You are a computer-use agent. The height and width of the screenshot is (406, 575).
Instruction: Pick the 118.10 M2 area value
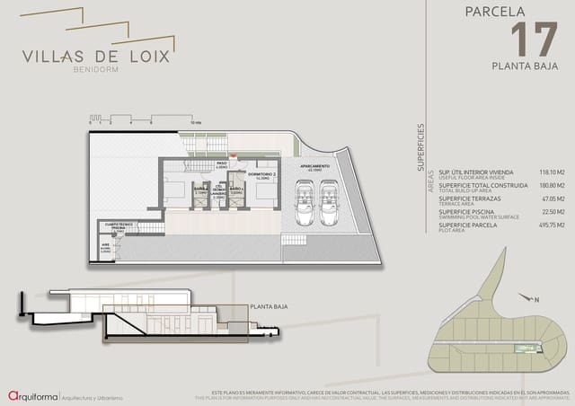550,172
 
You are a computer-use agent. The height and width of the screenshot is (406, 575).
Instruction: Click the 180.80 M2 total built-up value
550,186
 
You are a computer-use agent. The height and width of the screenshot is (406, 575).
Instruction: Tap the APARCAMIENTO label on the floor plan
315,167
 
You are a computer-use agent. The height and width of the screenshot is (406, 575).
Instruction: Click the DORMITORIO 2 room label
262,177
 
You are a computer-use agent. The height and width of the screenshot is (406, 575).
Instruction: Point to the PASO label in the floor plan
222,163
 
